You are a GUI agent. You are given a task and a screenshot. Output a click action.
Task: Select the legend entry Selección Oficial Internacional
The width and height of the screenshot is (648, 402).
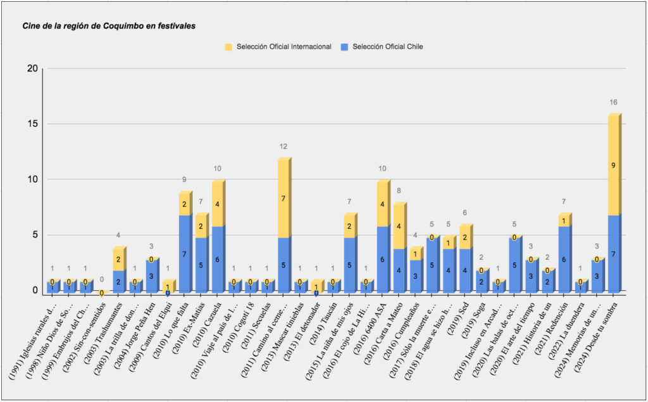(283, 47)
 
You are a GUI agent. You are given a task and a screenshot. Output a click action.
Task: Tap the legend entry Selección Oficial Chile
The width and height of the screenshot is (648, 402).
(387, 47)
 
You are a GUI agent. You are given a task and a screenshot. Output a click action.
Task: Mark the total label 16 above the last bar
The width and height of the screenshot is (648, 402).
(613, 102)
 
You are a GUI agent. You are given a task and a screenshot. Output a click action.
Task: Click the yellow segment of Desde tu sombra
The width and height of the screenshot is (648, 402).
(614, 166)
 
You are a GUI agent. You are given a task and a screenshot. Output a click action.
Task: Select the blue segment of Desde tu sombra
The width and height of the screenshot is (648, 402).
(614, 253)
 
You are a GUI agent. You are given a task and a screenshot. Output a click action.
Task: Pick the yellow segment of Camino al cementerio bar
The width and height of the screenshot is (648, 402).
(283, 198)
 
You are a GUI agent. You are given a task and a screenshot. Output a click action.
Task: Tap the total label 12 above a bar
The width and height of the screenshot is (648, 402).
(283, 147)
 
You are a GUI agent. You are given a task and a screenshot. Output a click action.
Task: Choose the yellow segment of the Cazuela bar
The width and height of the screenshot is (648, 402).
(218, 204)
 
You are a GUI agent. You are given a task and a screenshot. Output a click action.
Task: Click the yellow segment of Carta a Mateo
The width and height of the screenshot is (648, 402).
(399, 226)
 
